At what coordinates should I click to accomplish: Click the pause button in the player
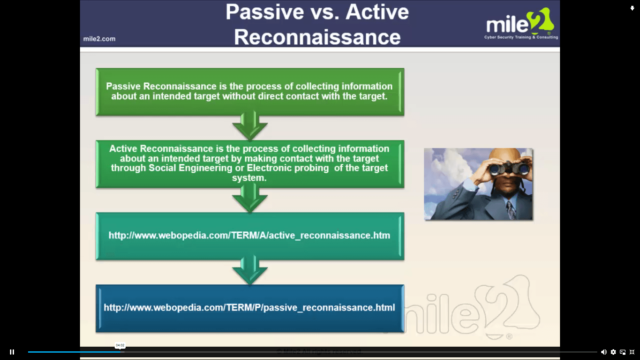[12, 352]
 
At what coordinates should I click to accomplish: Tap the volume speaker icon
[604, 352]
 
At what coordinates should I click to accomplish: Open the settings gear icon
[613, 352]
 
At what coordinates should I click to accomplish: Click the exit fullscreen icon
[632, 352]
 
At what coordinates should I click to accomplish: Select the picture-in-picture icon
[623, 352]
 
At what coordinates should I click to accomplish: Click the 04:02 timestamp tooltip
[120, 345]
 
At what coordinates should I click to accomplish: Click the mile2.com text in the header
[99, 39]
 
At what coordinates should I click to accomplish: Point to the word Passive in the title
[265, 12]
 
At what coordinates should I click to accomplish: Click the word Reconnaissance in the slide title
[317, 37]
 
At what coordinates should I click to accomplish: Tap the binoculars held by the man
[508, 167]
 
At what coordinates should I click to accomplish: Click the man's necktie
[511, 210]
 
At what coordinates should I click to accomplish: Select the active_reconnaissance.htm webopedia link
[249, 235]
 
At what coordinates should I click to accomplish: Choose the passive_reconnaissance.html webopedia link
[249, 307]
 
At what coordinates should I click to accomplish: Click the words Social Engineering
[190, 168]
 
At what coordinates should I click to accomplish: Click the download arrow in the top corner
[632, 8]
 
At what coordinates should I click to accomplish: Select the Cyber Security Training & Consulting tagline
[521, 37]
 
